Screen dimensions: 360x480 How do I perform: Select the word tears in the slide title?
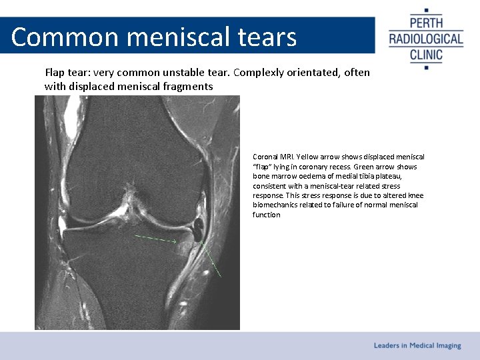point(265,37)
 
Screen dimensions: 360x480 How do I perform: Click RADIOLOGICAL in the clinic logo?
point(426,39)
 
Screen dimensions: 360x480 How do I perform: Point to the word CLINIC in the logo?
point(426,53)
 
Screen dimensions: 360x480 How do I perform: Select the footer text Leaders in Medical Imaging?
point(417,345)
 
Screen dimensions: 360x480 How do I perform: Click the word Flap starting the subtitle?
point(56,72)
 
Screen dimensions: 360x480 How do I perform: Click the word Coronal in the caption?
point(265,157)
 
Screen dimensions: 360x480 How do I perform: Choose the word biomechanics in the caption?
point(276,205)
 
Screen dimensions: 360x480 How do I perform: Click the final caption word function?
point(267,215)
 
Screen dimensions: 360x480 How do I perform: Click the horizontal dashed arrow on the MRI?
point(155,238)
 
